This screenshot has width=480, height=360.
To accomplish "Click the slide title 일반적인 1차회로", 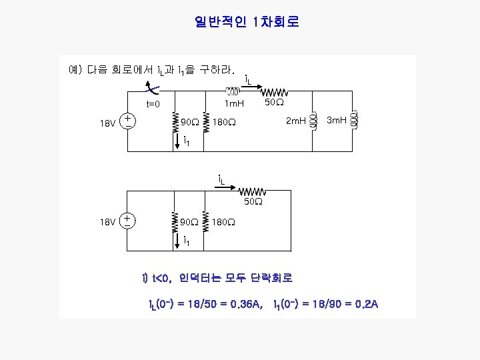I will point(247,22).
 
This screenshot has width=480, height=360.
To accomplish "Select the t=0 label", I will point(154,104).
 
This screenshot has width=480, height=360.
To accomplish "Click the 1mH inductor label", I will point(233,104).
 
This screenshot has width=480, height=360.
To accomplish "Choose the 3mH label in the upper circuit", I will point(337,121).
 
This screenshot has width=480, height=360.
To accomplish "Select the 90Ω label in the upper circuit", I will point(190,122).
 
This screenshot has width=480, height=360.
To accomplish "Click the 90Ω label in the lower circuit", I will point(190,221).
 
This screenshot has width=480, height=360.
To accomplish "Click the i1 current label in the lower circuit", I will point(186,242).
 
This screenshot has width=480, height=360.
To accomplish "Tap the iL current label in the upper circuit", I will point(248,80).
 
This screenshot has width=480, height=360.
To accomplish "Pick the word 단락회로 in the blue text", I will point(269,277).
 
